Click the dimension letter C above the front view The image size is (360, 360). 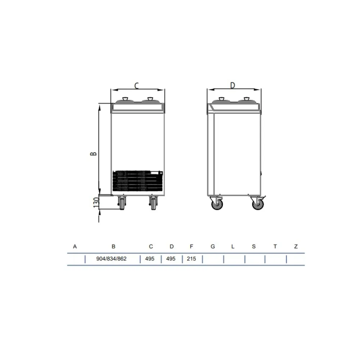[x=137, y=85]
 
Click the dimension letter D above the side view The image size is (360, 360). [x=233, y=85]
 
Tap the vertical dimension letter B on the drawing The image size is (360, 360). [x=93, y=153]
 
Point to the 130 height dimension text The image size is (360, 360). [x=96, y=203]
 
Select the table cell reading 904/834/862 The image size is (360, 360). [x=112, y=259]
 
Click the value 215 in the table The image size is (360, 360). [x=192, y=259]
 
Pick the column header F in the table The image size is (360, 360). [x=192, y=247]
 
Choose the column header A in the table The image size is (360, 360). [x=75, y=247]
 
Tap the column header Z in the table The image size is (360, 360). [x=296, y=247]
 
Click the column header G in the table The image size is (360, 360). [x=213, y=247]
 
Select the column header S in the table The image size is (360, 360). [x=254, y=247]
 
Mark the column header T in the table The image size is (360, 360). [x=275, y=247]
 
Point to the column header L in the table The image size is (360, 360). [x=233, y=247]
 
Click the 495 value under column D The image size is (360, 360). [x=171, y=259]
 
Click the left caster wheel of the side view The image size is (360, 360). [x=217, y=204]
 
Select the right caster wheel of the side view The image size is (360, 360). [x=258, y=204]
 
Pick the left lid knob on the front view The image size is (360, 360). [x=125, y=99]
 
